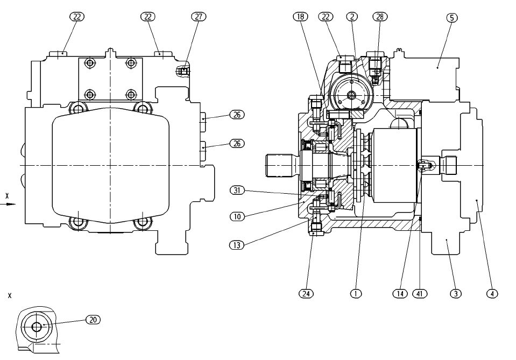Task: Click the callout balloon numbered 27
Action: pos(199,17)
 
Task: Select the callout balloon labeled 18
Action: pos(300,17)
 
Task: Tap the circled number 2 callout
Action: pos(352,17)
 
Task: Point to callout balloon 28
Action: pos(380,17)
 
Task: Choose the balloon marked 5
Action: pos(452,17)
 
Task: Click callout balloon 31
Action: pos(237,190)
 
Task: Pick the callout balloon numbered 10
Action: pos(237,216)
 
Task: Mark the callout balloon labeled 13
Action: pos(237,245)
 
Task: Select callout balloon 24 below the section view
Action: pos(306,293)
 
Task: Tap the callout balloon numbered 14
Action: pos(400,293)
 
